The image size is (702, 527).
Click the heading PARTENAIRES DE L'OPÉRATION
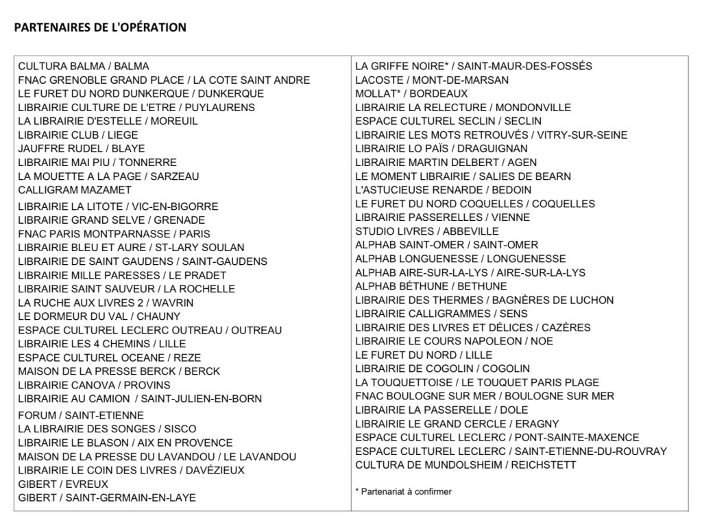point(100,27)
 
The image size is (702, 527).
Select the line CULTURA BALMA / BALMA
point(84,67)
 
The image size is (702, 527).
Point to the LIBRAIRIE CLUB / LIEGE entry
point(77,135)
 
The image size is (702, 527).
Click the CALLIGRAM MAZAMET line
point(74,190)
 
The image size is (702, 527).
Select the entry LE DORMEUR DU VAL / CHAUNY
point(99,316)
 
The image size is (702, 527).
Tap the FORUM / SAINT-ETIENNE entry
point(81,415)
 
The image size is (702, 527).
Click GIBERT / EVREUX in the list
point(63,484)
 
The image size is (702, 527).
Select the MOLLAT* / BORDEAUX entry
point(411,94)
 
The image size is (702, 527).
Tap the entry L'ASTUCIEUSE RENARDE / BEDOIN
point(443,190)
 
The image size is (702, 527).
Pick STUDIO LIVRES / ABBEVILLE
point(427,231)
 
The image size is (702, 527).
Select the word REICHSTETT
point(544,465)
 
